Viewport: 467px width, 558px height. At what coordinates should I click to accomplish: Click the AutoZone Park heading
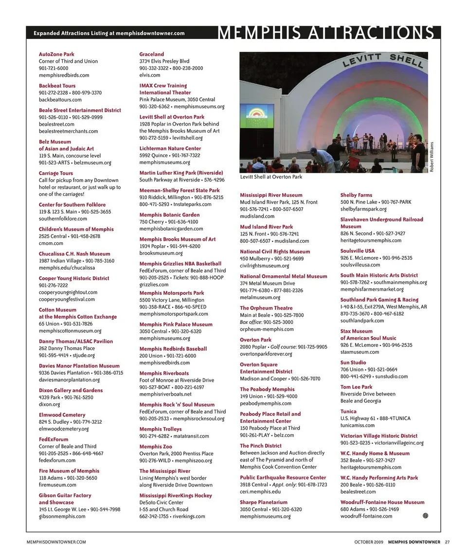tap(56, 54)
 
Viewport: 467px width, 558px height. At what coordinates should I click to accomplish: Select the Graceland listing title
tap(152, 54)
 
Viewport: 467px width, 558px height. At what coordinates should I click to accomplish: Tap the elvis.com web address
tap(150, 75)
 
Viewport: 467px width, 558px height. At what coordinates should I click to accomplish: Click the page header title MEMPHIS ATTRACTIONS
tap(326, 33)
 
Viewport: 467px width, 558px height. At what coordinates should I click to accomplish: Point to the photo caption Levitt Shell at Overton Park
tap(271, 177)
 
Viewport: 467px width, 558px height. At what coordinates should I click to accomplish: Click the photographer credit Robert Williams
tap(431, 156)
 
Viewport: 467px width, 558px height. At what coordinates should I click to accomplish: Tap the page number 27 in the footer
tap(447, 542)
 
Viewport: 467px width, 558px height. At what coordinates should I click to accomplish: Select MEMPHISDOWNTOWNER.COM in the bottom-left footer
tap(56, 542)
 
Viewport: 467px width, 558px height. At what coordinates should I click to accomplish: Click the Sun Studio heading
tap(353, 362)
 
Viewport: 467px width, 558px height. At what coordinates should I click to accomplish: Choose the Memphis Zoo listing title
tap(156, 447)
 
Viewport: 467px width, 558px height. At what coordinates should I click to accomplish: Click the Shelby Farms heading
tap(356, 195)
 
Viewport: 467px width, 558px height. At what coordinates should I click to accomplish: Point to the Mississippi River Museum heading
tap(271, 195)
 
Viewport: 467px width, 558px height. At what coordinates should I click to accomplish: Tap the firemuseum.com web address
tap(57, 485)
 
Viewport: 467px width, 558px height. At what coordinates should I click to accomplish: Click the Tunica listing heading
tap(348, 412)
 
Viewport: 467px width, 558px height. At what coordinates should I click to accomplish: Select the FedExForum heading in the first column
tap(54, 439)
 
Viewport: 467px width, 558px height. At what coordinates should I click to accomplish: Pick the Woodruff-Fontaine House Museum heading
tap(382, 502)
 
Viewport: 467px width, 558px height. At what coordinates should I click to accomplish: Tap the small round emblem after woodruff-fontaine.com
tap(425, 516)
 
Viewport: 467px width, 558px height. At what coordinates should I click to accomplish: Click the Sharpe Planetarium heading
tap(264, 502)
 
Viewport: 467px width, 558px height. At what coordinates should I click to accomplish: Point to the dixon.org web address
tap(50, 404)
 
